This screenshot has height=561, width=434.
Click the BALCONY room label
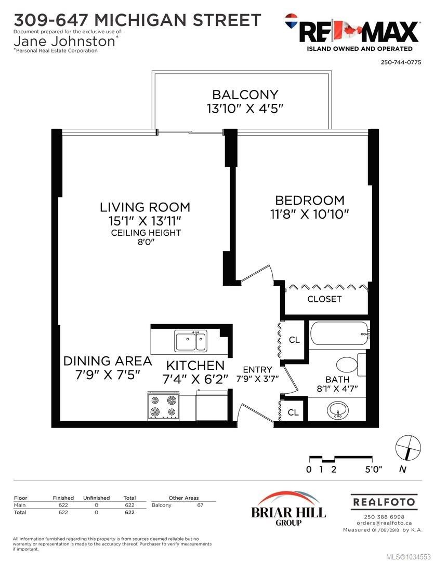[245, 95]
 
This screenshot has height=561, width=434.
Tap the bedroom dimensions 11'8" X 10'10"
[309, 214]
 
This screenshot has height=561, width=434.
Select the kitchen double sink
[191, 341]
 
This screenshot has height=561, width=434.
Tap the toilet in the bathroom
[350, 365]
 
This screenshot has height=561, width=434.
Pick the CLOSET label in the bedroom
[324, 299]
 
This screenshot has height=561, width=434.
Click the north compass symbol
[408, 448]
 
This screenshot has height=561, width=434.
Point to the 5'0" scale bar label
[374, 469]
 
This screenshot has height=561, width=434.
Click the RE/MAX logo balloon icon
[292, 21]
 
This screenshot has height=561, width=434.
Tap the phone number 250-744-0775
[401, 62]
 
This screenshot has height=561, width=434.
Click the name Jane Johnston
[64, 42]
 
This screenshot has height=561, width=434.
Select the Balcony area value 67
[200, 505]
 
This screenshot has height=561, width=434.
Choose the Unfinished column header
[96, 498]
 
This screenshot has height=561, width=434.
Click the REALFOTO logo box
[384, 502]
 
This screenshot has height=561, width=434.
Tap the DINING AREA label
[108, 361]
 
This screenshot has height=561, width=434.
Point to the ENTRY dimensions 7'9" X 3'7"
[257, 379]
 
